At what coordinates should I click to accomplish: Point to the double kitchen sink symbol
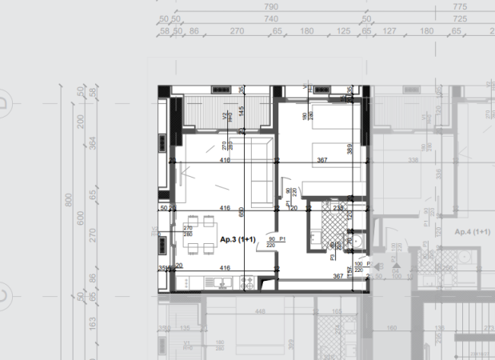pos(215,282)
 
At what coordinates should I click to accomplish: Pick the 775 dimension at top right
pos(459,6)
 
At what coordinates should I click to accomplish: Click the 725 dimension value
pos(459,18)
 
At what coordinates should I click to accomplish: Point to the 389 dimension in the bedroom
pos(349,148)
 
